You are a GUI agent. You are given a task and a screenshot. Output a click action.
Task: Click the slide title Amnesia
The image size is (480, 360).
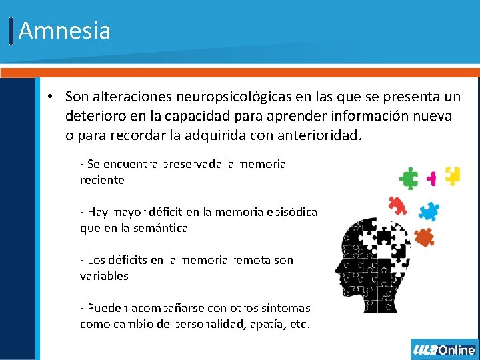65,31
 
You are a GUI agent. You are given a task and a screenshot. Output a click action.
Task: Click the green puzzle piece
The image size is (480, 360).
408,178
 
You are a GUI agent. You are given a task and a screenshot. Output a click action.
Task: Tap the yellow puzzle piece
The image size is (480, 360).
453,175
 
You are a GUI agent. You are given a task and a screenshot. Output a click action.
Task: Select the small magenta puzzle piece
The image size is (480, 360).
432,178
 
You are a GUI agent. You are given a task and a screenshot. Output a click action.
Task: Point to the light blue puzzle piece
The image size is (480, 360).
429,211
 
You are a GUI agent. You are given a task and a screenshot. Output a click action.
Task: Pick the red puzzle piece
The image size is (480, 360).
397,205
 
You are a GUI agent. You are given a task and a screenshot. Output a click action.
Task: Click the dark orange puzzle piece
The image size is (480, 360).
423,237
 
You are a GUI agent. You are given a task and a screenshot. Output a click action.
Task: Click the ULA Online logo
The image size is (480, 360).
445,350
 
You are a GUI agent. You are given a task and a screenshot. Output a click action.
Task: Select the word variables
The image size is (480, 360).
104,276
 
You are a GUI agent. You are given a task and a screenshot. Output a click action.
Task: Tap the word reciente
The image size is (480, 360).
102,180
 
